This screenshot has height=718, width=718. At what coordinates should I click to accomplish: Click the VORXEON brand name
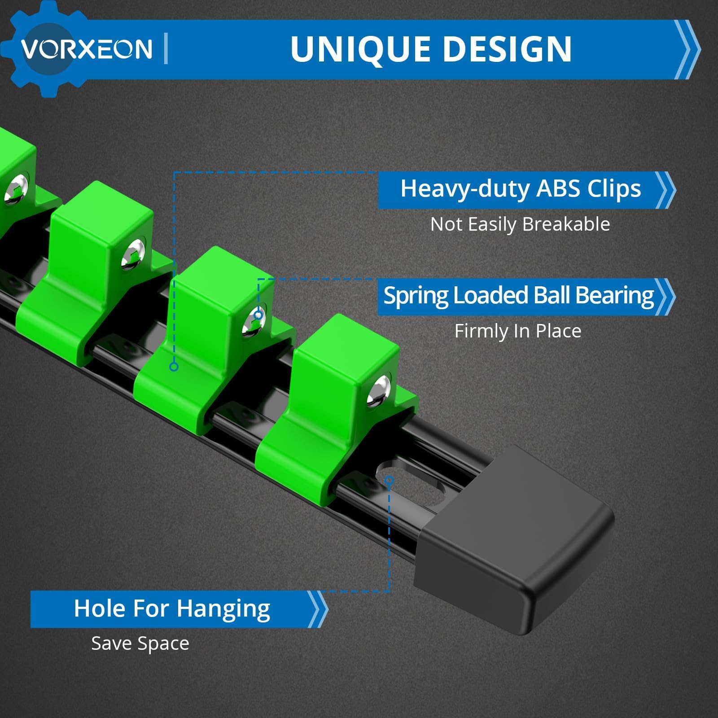click(87, 48)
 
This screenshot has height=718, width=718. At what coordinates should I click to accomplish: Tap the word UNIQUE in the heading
click(355, 49)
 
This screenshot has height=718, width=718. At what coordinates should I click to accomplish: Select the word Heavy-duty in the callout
click(465, 189)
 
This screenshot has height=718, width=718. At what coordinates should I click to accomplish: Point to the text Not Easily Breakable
click(520, 224)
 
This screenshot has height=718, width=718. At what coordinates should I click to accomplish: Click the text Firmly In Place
click(518, 331)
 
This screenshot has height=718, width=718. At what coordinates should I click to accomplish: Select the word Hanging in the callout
click(223, 609)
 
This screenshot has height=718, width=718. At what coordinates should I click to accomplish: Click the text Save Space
click(140, 644)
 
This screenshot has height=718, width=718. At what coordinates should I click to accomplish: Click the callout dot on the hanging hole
click(389, 481)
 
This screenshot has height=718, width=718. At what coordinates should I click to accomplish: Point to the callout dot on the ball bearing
click(258, 315)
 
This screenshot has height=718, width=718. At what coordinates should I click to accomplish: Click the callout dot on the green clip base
click(174, 367)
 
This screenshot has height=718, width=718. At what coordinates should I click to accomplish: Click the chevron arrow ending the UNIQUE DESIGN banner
click(687, 49)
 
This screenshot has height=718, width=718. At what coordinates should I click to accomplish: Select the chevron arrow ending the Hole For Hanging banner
click(318, 609)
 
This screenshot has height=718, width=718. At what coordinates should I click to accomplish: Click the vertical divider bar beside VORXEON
click(166, 48)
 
